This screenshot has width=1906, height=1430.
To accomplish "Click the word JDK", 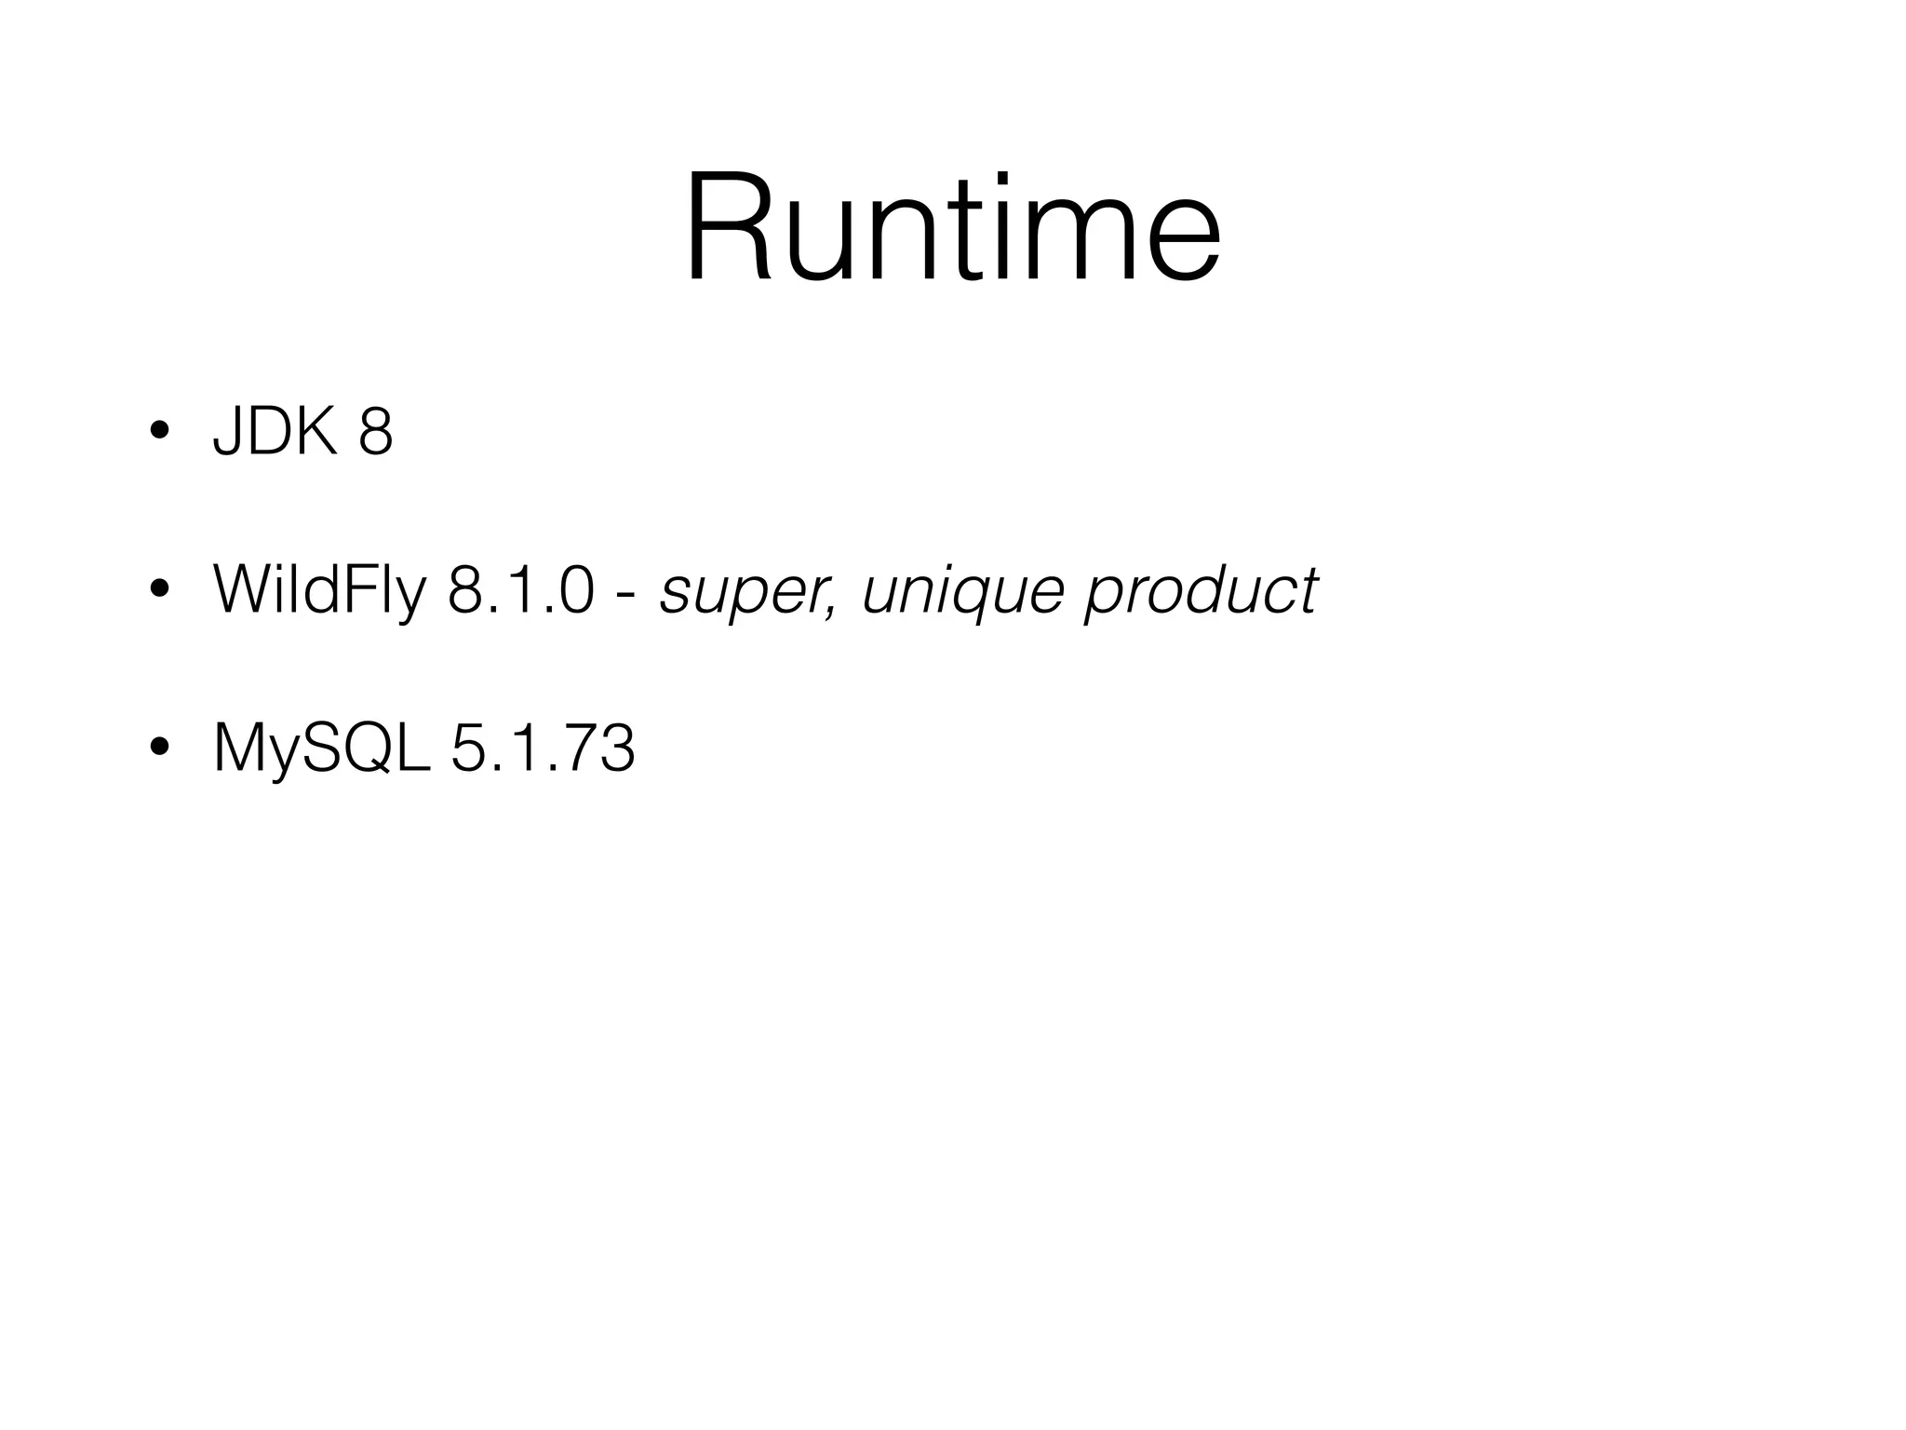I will click(275, 432).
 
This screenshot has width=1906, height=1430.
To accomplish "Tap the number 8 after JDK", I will click(375, 432).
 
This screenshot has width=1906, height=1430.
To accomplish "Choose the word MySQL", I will click(322, 749).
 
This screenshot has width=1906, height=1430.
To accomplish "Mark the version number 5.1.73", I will click(543, 748).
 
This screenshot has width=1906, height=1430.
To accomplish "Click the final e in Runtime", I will click(1181, 241).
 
